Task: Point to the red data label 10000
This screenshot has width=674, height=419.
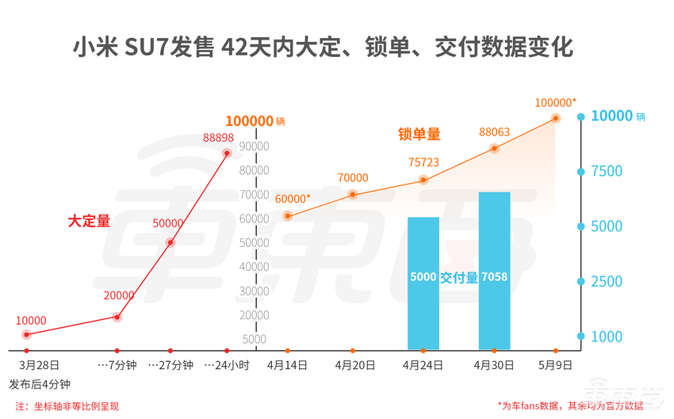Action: [x=31, y=321]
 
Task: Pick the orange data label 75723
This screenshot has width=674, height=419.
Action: [x=423, y=162]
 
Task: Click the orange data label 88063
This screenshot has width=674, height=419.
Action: [x=494, y=132]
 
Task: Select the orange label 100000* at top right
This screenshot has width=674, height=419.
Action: [x=555, y=102]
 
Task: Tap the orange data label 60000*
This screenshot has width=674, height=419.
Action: [x=293, y=198]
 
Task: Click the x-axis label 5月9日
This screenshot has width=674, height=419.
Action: [x=554, y=366]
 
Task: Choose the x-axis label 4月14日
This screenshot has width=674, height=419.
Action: [x=286, y=366]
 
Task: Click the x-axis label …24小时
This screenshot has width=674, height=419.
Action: [x=227, y=366]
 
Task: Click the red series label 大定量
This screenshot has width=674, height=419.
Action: [x=89, y=222]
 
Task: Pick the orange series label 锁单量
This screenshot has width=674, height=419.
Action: [x=419, y=135]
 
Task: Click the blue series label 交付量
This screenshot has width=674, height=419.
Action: [x=459, y=277]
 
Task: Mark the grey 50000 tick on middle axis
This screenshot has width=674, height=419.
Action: [x=255, y=242]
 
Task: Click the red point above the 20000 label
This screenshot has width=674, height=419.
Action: [x=117, y=317]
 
